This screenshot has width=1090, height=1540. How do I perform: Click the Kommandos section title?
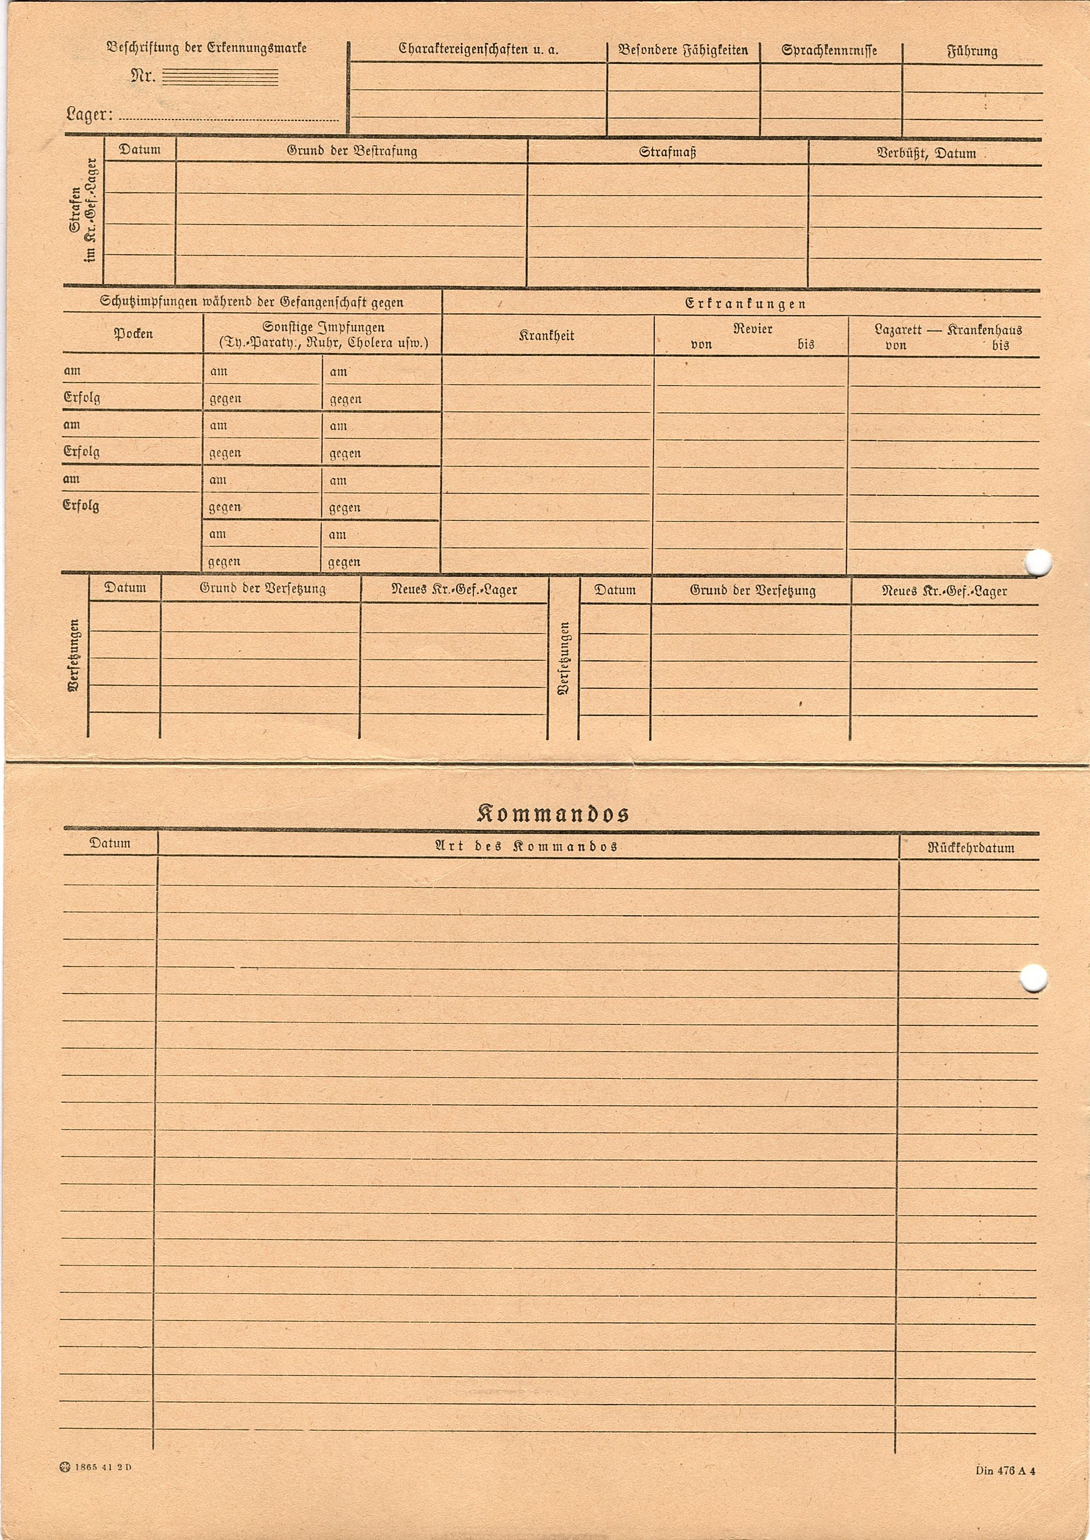552,813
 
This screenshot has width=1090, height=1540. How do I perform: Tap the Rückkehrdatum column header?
971,848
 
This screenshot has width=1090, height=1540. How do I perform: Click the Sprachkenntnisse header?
829,51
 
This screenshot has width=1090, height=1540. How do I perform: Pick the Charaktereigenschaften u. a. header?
478,50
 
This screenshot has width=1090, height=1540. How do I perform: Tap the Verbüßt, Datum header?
926,153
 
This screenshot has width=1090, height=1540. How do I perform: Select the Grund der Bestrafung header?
352,151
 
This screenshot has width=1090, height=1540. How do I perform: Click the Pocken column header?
133,333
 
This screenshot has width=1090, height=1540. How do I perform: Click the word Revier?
752,329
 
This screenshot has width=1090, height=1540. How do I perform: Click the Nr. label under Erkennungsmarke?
142,76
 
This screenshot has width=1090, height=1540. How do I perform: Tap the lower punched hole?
1033,978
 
